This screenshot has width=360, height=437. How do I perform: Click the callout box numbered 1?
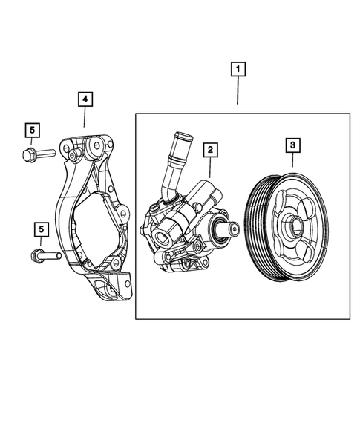coord(238,70)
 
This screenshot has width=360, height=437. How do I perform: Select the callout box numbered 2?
coord(211,150)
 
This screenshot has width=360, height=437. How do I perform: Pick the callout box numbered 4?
coord(85,98)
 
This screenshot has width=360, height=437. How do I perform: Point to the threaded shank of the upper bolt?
coord(45,154)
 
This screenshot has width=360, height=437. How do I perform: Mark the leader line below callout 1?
coord(238,93)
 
